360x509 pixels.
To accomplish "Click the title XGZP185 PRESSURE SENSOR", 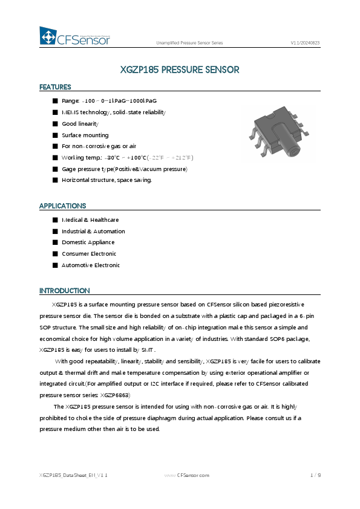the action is click(180, 70).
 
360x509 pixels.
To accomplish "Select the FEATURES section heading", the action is click(55, 87).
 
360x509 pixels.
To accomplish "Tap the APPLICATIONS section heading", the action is click(63, 206).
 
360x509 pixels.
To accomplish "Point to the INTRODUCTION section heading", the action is click(65, 291).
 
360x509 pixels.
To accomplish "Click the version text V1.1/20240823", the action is click(306, 43).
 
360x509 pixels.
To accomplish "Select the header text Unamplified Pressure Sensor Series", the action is click(189, 43).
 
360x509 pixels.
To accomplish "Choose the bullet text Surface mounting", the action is click(85, 135).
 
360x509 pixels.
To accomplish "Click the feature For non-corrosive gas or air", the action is click(99, 146).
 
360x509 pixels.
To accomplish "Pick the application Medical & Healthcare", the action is click(90, 220).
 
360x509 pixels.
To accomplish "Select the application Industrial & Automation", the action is click(93, 232).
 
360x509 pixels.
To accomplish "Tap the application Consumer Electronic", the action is click(89, 254).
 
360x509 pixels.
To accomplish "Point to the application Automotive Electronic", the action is click(91, 265).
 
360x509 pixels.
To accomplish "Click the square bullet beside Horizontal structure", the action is click(55, 180).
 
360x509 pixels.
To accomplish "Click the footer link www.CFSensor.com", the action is click(187, 476).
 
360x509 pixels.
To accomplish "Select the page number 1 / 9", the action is click(315, 476).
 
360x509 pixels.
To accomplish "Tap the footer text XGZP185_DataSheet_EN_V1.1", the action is click(73, 476).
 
